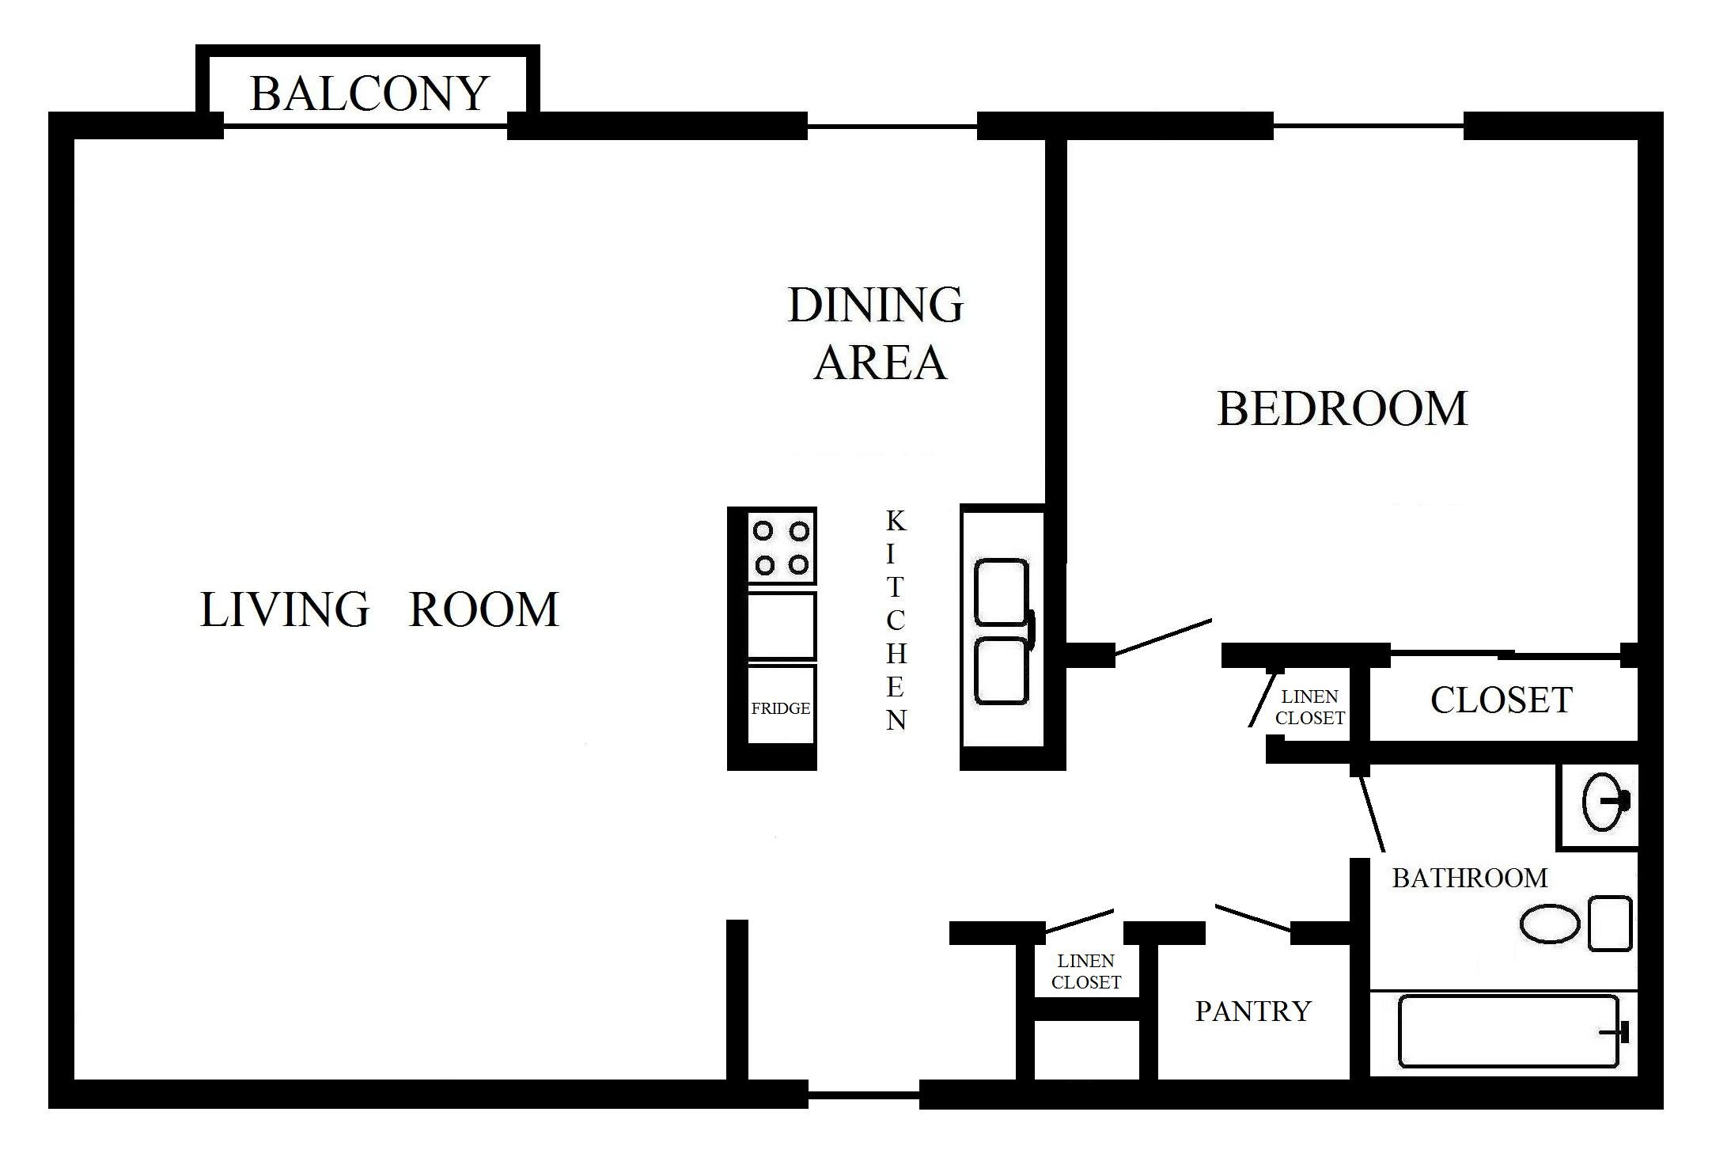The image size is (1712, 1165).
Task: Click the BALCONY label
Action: point(369,93)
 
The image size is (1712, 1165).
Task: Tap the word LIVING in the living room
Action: point(285,609)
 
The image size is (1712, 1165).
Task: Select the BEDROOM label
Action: point(1343,408)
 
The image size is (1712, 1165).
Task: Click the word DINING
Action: point(876,305)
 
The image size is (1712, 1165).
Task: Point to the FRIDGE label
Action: point(781,708)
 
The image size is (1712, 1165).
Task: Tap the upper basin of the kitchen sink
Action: point(1002,591)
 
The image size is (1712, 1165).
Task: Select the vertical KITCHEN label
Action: point(896,620)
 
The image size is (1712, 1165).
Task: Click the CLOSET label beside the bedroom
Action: point(1502,700)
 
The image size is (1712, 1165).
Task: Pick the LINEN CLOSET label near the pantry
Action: point(1086,971)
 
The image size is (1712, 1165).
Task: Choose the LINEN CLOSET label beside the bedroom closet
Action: point(1310,707)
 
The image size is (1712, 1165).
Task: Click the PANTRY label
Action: point(1253,1011)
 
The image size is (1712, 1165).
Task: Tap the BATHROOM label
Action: point(1470,878)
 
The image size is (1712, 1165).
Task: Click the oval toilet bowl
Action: point(1551,924)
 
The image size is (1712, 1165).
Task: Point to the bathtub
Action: point(1509,1031)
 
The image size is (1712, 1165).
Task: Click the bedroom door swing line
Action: point(1163,638)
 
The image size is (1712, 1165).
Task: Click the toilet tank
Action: point(1610,924)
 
